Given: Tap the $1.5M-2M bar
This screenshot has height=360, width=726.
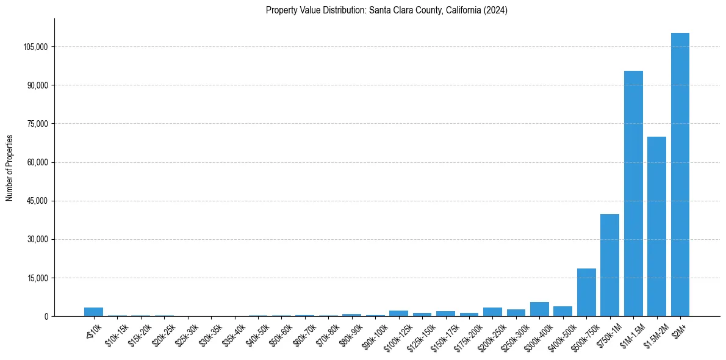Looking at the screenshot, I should tap(656, 226).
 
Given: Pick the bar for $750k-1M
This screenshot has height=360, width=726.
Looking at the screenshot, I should tap(609, 265).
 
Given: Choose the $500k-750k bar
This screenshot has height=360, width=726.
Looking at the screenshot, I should tap(586, 292).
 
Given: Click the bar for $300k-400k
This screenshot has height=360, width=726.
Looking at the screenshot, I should tap(539, 309).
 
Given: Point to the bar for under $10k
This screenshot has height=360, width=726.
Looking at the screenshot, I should tap(93, 312).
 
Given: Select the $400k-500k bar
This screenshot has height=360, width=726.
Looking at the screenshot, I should tap(562, 311).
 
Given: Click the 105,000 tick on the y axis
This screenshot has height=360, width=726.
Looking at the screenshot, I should tap(36, 47).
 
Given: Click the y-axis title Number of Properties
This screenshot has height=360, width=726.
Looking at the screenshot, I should tap(10, 168).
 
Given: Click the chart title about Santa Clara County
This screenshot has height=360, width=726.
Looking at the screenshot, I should tap(387, 10).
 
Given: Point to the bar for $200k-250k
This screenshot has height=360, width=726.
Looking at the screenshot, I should tap(492, 312).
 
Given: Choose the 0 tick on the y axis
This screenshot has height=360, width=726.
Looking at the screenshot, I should tap(45, 317).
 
